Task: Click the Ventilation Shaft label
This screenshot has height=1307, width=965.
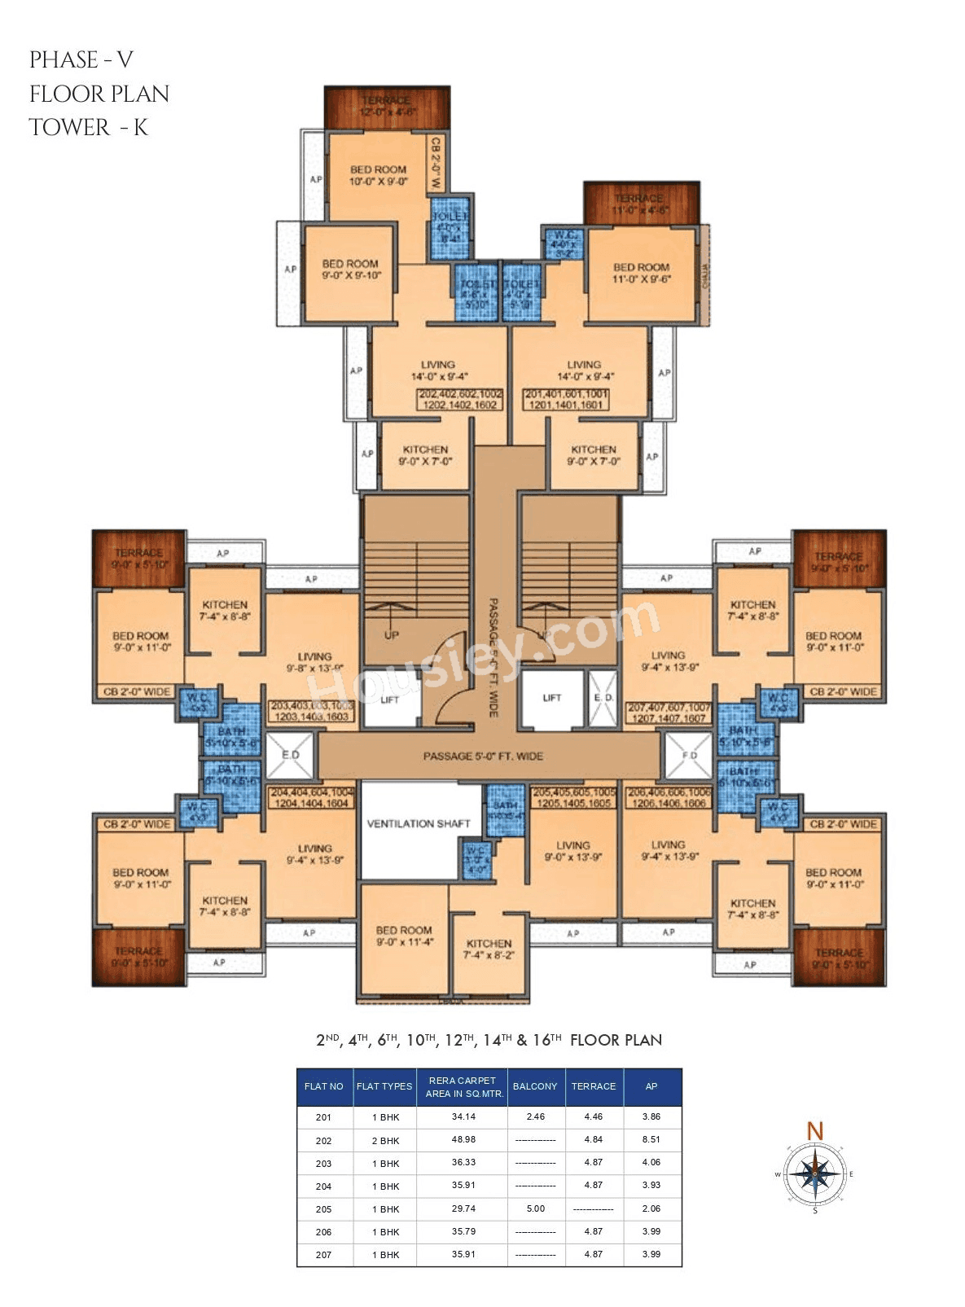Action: [x=419, y=823]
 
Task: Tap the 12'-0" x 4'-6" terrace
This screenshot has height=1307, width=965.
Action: [x=387, y=107]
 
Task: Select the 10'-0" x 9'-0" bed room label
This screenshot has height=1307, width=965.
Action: [x=378, y=175]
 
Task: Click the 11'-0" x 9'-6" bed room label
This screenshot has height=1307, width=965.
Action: [x=641, y=273]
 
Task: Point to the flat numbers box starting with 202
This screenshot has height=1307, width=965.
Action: [x=460, y=399]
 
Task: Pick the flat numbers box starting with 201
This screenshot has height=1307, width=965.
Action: [x=566, y=399]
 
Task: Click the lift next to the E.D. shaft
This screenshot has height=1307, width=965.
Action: [x=552, y=699]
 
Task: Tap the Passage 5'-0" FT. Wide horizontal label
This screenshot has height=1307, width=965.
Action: [x=483, y=757]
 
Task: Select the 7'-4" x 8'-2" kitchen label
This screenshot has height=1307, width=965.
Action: [x=489, y=949]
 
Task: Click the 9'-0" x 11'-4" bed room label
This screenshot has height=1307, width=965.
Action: [x=404, y=936]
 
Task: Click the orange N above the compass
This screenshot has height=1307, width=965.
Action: [x=815, y=1130]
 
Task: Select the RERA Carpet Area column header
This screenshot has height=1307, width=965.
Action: [x=463, y=1087]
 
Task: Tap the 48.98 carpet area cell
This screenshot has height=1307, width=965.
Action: [x=463, y=1140]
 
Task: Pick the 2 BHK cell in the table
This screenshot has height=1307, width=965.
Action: [x=385, y=1141]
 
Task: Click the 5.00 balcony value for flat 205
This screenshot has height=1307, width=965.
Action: [x=536, y=1208]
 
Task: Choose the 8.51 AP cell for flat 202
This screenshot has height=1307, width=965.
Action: [x=651, y=1140]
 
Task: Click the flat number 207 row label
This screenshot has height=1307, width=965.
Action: [x=324, y=1255]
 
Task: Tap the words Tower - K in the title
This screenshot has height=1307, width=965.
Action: [x=88, y=128]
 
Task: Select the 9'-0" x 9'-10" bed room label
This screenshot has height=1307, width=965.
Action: [x=350, y=270]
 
